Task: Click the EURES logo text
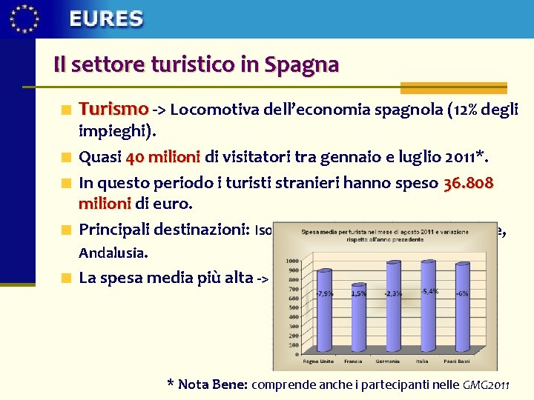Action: coord(106,19)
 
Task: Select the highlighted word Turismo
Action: coord(113,109)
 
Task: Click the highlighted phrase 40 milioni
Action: coord(163,157)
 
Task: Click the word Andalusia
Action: coord(113,253)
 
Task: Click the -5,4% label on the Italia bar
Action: coord(430,291)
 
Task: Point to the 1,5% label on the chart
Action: coord(358,293)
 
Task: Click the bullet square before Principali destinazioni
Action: coord(66,228)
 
